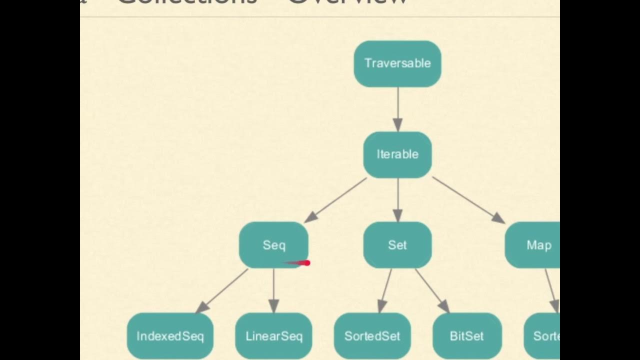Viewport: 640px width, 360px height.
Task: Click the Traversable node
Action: pos(397,63)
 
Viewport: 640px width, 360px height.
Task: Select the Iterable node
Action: pos(397,154)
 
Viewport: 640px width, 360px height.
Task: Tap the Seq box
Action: pos(273,245)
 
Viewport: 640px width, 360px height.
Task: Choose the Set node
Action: pos(397,245)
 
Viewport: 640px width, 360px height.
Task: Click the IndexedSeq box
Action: pos(170,336)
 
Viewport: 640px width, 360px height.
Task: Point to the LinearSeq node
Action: pos(273,336)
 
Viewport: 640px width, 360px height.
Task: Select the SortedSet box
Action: pos(372,336)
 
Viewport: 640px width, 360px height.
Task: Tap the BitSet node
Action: pos(466,336)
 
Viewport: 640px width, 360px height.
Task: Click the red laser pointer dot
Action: pos(307,263)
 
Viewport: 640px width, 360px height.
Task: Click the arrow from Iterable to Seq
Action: pos(336,200)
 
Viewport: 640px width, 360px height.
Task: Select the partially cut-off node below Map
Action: pos(542,336)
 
